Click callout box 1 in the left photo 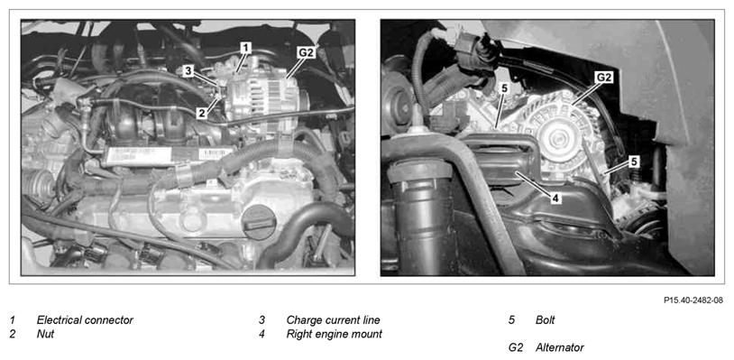pos(246,47)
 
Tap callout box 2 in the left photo pos(201,113)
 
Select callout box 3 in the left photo pos(188,71)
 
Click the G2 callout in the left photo pos(306,53)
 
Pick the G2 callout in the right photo pos(604,78)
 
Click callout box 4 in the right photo pos(555,198)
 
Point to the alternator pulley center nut pos(555,139)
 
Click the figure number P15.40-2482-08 pos(693,300)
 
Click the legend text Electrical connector pos(85,320)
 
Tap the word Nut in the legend pos(45,334)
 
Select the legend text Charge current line pos(333,320)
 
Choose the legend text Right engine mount pos(335,334)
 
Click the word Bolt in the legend pos(546,320)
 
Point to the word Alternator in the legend pos(560,348)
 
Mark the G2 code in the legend pos(516,348)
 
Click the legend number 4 pos(261,334)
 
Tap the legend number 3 pos(261,320)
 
